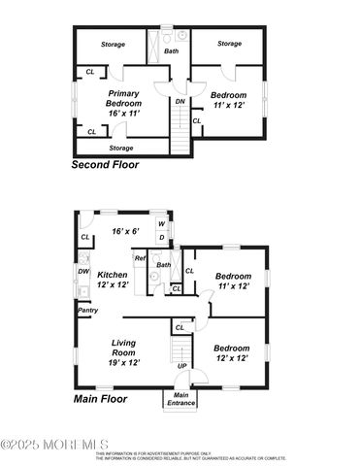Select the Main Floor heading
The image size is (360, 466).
(x=101, y=398)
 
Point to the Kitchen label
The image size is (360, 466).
(x=114, y=275)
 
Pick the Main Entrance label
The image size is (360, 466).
(x=180, y=398)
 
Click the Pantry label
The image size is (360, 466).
(x=87, y=311)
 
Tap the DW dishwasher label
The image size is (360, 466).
(x=83, y=271)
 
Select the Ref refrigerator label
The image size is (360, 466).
(x=140, y=258)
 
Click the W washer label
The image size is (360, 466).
(x=161, y=224)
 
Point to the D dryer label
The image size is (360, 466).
(x=161, y=237)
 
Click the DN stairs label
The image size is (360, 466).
(x=180, y=101)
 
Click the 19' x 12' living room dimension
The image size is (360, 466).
(x=124, y=362)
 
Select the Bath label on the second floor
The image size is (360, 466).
(x=171, y=50)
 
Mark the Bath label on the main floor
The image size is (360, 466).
(x=164, y=265)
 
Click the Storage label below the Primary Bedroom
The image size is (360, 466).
(x=121, y=148)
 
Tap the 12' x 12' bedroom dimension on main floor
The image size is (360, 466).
(x=232, y=358)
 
